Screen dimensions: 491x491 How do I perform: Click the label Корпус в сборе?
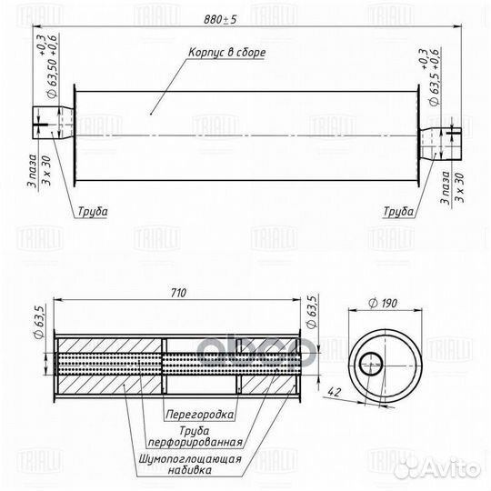coord(228,54)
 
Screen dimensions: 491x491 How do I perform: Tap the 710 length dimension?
coord(177,294)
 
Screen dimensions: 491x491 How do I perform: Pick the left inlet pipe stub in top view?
coord(51,121)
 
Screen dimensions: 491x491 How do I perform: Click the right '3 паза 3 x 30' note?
coord(452,188)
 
